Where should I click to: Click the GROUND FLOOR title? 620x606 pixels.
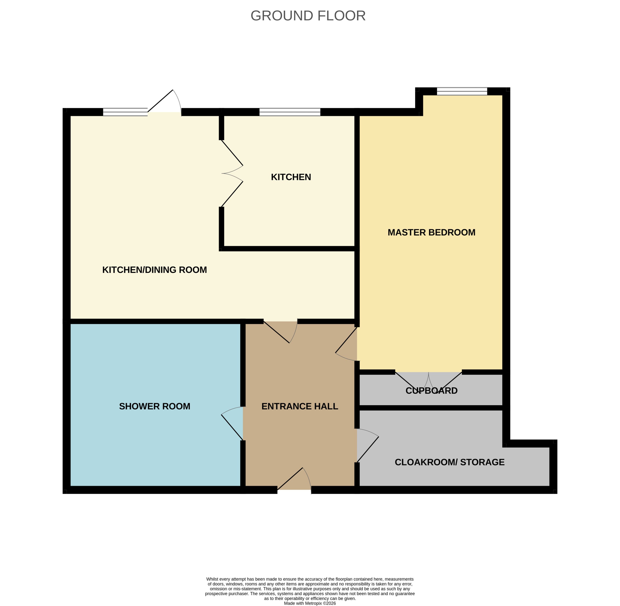click(x=308, y=15)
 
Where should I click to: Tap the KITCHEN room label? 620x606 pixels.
click(x=291, y=177)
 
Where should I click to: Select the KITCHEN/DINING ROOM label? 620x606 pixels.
click(x=154, y=270)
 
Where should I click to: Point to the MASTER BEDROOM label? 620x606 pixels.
click(x=431, y=232)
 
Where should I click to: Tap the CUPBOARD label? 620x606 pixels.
click(x=431, y=391)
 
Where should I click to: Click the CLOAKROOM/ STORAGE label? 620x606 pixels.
click(x=450, y=462)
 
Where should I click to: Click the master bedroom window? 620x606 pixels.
click(x=462, y=91)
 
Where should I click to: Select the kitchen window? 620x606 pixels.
click(x=290, y=112)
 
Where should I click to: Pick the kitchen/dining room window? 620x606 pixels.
click(x=125, y=112)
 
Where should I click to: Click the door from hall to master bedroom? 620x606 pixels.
click(x=346, y=344)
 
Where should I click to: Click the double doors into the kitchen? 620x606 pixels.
click(x=232, y=173)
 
